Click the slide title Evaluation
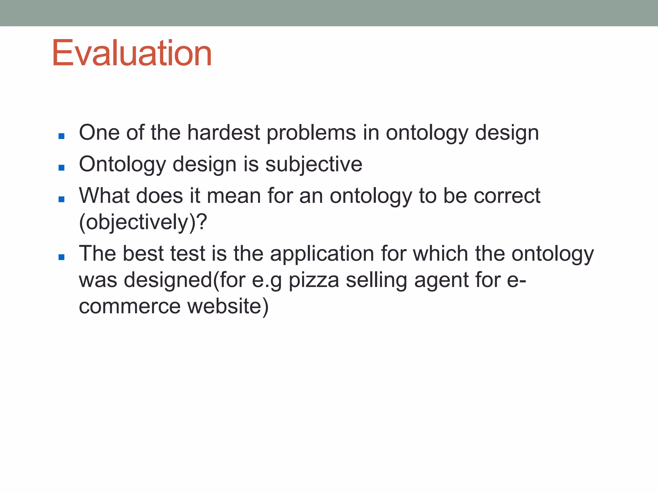click(x=132, y=53)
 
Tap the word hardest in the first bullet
click(x=224, y=133)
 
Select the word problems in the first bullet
click(x=311, y=133)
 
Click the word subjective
click(x=314, y=164)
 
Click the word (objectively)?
click(x=143, y=222)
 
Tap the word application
click(x=322, y=254)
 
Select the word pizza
click(x=314, y=280)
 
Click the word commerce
click(x=130, y=306)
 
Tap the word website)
click(x=228, y=306)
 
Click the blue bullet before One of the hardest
click(x=62, y=136)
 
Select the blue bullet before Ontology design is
click(x=62, y=168)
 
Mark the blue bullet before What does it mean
click(x=62, y=199)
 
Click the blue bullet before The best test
click(x=62, y=257)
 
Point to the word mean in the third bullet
click(x=234, y=196)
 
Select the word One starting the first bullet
click(x=99, y=133)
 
